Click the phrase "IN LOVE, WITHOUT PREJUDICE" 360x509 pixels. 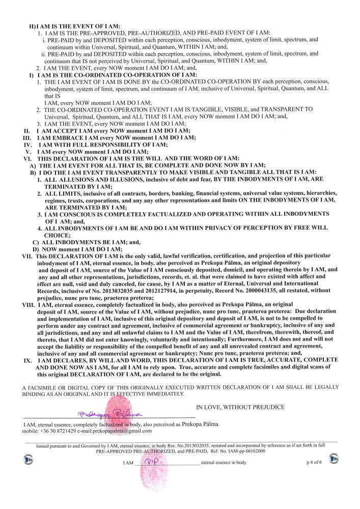click(240, 407)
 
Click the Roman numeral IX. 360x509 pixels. click(29, 360)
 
